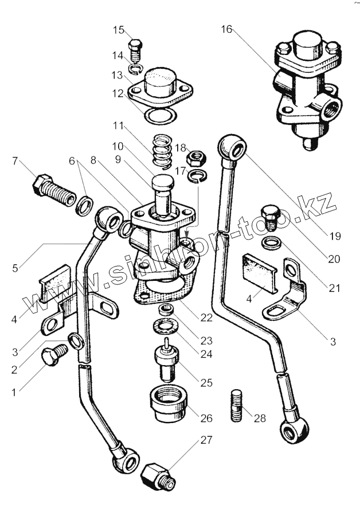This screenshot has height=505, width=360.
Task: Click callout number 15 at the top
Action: tap(118, 30)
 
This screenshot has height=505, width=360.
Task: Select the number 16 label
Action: tap(226, 29)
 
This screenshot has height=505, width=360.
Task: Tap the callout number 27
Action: tap(206, 440)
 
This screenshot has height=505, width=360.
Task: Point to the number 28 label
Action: tap(260, 418)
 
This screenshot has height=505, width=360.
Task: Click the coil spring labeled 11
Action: tap(162, 152)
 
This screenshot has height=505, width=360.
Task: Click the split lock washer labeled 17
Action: tap(198, 175)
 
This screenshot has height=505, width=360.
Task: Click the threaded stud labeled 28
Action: tap(237, 405)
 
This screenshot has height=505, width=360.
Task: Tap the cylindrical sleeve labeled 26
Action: tap(168, 404)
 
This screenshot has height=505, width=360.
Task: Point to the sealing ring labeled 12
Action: tap(161, 115)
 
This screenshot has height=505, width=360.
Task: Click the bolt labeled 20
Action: tap(271, 217)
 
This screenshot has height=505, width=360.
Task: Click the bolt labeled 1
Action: tap(54, 355)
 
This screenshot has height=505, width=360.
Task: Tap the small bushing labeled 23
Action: tap(166, 310)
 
